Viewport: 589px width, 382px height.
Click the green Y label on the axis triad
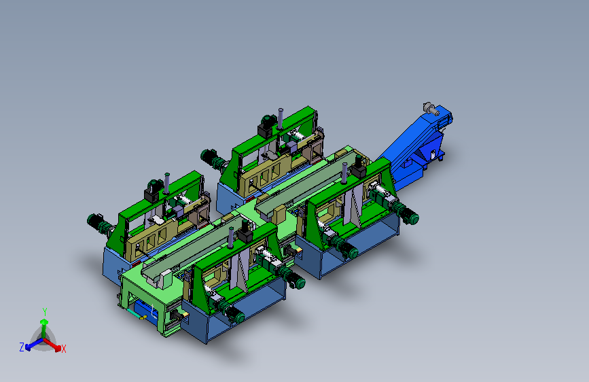click(45, 312)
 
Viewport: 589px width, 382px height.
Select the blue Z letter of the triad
click(22, 347)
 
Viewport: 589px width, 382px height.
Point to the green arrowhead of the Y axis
click(44, 322)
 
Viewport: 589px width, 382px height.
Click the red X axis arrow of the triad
click(52, 345)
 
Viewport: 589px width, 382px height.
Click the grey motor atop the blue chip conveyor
click(431, 108)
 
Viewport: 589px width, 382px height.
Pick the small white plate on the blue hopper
click(433, 154)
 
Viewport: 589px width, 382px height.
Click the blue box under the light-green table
click(145, 310)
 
